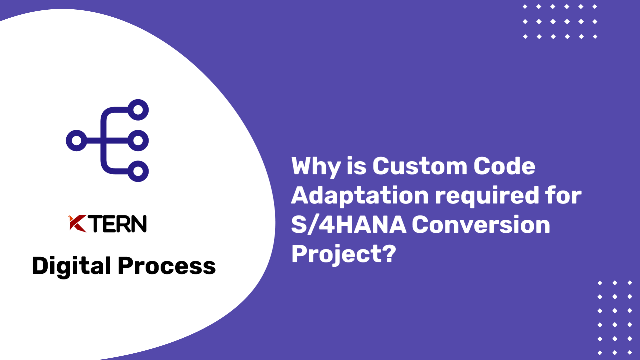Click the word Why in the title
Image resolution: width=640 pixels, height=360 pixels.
(x=316, y=167)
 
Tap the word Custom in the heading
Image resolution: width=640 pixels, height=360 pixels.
(x=420, y=166)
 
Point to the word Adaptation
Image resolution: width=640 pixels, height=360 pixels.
(x=360, y=195)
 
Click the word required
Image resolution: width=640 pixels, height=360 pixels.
(x=487, y=195)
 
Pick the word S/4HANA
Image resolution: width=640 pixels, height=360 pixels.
(x=348, y=224)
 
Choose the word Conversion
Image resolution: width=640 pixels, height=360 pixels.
(x=481, y=224)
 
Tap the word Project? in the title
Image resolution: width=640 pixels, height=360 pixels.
(x=343, y=254)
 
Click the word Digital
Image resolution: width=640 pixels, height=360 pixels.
(x=71, y=266)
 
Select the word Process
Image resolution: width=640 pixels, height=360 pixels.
(x=167, y=266)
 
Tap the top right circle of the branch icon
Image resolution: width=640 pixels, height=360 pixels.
(x=138, y=110)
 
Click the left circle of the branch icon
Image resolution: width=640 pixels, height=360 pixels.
(x=77, y=140)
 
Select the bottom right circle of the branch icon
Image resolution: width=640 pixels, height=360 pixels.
(x=138, y=171)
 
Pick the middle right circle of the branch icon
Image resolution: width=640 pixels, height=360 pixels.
(x=138, y=140)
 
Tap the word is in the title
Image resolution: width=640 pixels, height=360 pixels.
(x=356, y=166)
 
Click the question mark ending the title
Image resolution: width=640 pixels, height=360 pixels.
(x=388, y=254)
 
